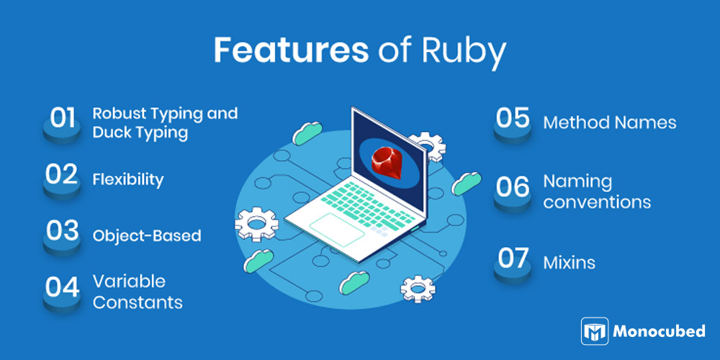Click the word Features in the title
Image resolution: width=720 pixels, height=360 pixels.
[x=291, y=50]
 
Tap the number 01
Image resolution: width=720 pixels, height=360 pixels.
[x=63, y=118]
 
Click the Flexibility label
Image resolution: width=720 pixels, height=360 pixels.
[x=128, y=179]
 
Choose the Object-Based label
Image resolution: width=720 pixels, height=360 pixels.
[x=147, y=236]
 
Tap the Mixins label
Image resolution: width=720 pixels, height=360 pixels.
[x=570, y=263]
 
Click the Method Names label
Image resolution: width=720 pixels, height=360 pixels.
[x=610, y=122]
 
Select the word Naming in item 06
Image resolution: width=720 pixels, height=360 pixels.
[x=577, y=182]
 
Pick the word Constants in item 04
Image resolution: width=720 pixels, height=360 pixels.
[x=138, y=302]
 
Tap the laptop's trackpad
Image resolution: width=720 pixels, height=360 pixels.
[x=337, y=230]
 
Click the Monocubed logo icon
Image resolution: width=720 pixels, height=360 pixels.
[x=595, y=331]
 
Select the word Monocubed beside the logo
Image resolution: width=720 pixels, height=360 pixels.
[x=660, y=331]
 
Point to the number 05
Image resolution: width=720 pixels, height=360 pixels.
[x=513, y=118]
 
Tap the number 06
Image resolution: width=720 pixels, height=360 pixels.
[x=513, y=187]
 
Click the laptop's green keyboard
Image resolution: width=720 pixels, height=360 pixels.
[x=367, y=204]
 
